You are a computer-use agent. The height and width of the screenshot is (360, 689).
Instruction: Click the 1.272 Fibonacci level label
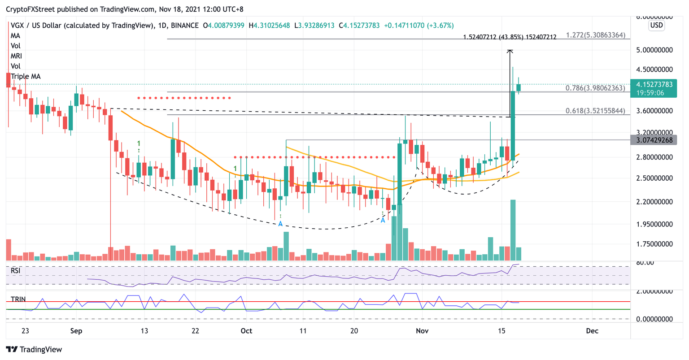(x=595, y=35)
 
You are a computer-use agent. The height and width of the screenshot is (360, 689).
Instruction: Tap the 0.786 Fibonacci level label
(x=595, y=88)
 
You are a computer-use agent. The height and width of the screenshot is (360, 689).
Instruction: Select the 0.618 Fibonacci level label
(x=595, y=111)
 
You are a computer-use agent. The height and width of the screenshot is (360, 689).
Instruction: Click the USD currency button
(x=656, y=25)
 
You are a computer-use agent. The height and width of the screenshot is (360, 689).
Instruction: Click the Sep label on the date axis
(x=76, y=331)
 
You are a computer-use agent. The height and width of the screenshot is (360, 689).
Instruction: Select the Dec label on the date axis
(x=592, y=331)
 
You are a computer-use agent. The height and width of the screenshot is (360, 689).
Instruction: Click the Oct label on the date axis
(x=246, y=331)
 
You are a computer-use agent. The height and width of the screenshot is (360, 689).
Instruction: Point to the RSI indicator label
(x=16, y=271)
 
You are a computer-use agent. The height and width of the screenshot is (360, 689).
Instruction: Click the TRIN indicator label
(x=18, y=299)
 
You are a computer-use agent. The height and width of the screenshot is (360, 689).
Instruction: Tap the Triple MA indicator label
(x=26, y=76)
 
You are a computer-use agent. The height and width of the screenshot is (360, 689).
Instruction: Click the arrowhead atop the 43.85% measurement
(x=510, y=52)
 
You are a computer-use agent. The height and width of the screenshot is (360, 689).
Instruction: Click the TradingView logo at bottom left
(x=34, y=349)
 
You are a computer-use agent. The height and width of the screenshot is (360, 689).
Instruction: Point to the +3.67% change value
(x=440, y=26)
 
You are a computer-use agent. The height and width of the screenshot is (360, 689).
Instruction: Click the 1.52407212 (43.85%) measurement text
(x=510, y=37)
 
